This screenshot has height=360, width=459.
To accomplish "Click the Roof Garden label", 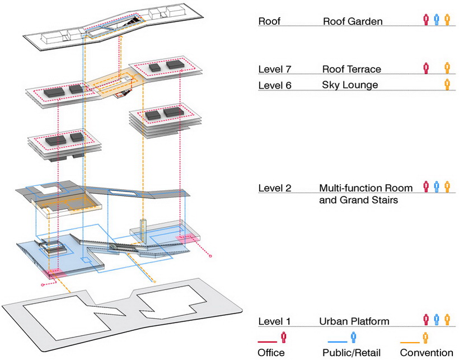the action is coord(353,21).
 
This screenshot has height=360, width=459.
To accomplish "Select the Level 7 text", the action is coord(275,69).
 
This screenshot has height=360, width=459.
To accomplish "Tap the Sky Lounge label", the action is coord(350,85).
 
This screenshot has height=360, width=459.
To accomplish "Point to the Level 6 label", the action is coord(275,85).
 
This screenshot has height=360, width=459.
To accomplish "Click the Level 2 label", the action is coord(275,188).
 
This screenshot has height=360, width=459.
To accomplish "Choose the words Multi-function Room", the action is coord(366,188).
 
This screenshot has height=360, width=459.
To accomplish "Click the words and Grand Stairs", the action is coord(358,200).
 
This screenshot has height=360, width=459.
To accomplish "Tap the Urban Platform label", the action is coord(354,321).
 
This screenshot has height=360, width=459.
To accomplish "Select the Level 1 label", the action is coord(274,321).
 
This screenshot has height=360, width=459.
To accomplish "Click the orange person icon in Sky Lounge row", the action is coord(447,85).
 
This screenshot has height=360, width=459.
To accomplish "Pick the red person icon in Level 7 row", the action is coord(426,68).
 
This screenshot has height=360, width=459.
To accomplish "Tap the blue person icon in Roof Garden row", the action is coord(437,20).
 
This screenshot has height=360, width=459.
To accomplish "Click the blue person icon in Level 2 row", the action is coord(437,187).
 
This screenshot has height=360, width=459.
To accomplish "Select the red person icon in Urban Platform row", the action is coord(426,320).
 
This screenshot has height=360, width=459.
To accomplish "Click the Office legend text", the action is coord(271,353).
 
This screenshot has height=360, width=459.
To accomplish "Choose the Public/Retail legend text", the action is coord(352,353).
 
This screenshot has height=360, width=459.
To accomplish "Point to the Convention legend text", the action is coord(427,353).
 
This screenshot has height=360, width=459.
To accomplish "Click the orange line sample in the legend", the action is coord(410,342).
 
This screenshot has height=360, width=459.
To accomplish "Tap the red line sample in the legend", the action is coord(267,342).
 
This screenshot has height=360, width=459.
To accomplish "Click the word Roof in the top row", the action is coord(269,21).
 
